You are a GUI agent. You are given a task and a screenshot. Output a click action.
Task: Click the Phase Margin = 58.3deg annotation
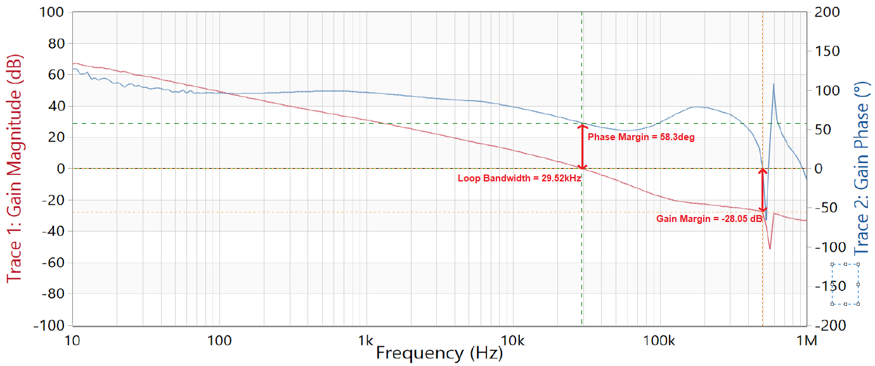pos(641,137)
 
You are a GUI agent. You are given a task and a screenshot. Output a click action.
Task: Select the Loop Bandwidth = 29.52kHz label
pos(519,178)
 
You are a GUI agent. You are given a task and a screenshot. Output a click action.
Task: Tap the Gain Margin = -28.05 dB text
pos(709,219)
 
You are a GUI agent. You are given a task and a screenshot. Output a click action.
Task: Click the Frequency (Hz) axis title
pos(439,353)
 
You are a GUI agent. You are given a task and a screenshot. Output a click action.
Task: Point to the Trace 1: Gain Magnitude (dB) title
pos(14,169)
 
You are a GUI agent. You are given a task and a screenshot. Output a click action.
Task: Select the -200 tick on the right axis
pos(828,325)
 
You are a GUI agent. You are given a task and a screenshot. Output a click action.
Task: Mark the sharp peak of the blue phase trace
pos(774,84)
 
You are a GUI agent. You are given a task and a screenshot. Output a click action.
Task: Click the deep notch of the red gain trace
pos(770,247)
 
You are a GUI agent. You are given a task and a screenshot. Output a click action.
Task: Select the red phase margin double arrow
pos(582,147)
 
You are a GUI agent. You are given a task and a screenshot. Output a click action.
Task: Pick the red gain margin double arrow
pos(763,190)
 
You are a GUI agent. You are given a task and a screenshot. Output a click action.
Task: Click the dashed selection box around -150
pos(845,284)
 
